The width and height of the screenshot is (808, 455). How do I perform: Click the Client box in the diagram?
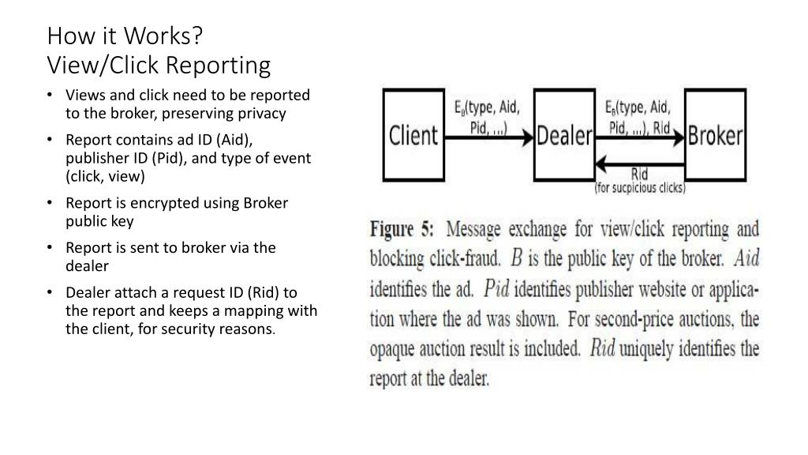tap(413, 134)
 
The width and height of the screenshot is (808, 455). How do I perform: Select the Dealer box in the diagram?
tap(564, 135)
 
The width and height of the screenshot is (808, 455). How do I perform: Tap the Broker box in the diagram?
tap(715, 135)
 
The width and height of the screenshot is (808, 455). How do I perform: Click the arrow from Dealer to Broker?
tap(639, 138)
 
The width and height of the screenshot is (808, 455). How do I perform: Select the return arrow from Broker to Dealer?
tap(639, 164)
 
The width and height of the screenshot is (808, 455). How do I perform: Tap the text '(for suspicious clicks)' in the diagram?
tap(640, 188)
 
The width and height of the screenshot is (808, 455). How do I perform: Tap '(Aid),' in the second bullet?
tap(233, 140)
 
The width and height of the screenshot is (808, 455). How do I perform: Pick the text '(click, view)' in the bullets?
tap(106, 176)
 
